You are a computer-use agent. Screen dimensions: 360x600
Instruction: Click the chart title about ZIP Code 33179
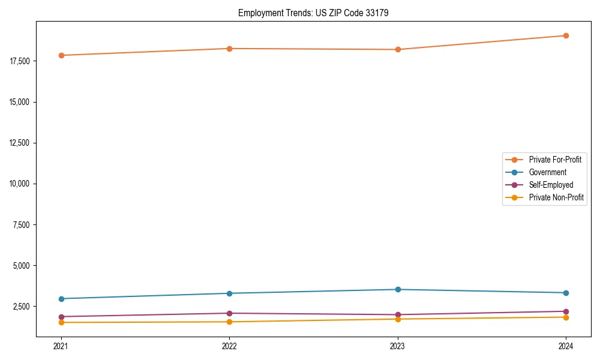[x=313, y=13]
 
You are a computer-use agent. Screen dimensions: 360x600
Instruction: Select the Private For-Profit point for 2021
[x=61, y=55]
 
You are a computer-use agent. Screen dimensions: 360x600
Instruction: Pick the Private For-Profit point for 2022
[x=229, y=49]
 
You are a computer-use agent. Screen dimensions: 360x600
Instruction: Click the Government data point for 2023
[x=397, y=289]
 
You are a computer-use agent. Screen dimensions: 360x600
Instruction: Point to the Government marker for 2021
[x=61, y=299]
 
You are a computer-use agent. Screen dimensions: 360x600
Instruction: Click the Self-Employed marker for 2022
[x=229, y=313]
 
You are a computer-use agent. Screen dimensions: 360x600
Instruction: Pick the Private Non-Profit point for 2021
[x=61, y=322]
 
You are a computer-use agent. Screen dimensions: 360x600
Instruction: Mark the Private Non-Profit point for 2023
[x=397, y=319]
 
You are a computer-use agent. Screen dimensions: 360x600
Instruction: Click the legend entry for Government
[x=547, y=172]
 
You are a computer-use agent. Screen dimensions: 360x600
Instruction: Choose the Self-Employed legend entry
[x=551, y=185]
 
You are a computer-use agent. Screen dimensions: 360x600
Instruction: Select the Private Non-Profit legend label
[x=556, y=197]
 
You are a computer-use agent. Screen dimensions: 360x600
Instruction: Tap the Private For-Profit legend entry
[x=555, y=160]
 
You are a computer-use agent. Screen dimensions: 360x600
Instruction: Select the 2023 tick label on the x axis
[x=397, y=346]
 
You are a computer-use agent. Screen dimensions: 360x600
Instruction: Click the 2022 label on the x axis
[x=229, y=346]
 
